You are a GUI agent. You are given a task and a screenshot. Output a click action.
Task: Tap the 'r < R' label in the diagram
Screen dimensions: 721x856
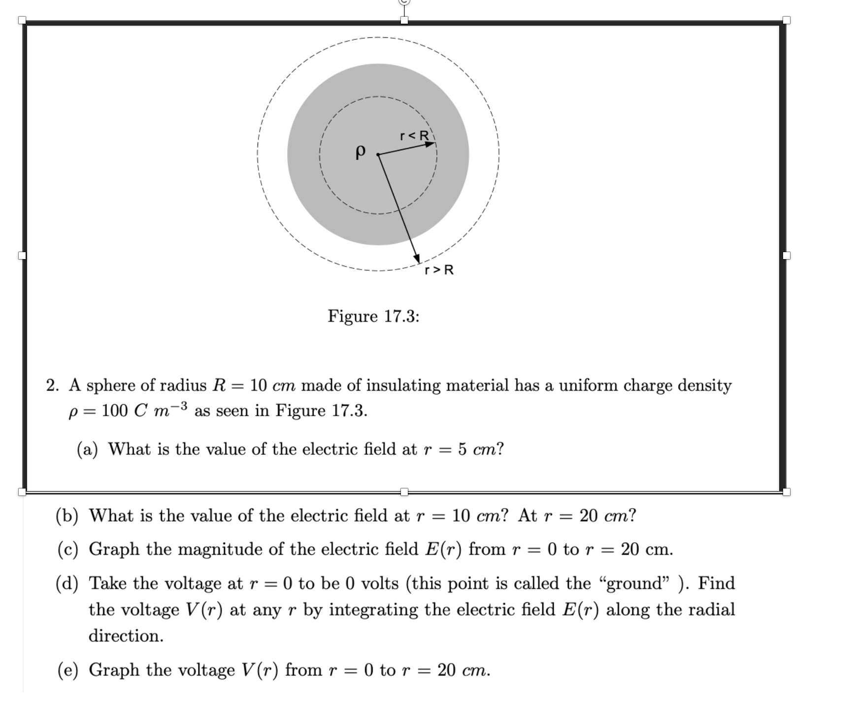(x=415, y=135)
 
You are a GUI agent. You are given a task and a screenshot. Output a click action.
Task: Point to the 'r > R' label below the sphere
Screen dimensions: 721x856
(x=439, y=270)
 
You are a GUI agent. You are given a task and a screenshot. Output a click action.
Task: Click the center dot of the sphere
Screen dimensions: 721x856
(x=378, y=155)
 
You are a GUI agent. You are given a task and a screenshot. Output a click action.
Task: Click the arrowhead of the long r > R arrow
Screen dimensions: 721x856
(x=417, y=259)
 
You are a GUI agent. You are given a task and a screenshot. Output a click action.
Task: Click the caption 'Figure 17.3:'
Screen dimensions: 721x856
(x=374, y=316)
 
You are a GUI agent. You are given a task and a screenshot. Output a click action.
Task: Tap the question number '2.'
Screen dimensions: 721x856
(x=53, y=385)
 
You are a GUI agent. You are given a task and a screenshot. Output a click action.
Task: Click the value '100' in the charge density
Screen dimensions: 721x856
(x=114, y=410)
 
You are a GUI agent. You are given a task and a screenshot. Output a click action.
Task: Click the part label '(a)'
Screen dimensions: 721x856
(x=88, y=449)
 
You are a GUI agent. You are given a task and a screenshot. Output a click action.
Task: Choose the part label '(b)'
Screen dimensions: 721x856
(x=67, y=516)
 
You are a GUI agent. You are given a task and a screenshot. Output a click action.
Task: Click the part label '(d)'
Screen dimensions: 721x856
(x=67, y=583)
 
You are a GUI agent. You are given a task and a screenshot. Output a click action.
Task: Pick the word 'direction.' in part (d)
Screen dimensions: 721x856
(x=126, y=636)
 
